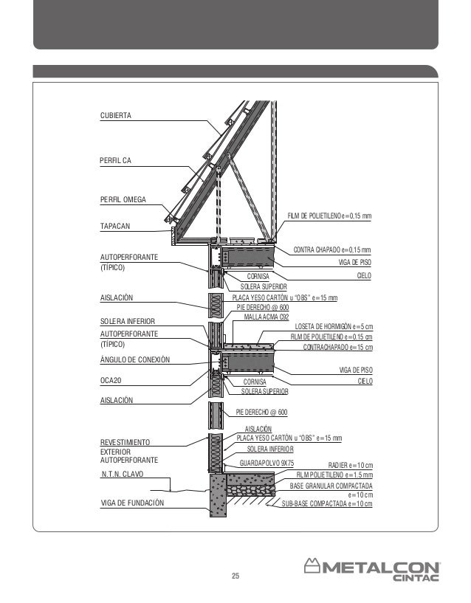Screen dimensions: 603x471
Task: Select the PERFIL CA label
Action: tap(115, 160)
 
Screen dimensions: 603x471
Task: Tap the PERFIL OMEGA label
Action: tap(123, 199)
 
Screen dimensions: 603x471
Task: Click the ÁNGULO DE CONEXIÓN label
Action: tap(134, 359)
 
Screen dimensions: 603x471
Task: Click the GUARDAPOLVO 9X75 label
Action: tap(267, 464)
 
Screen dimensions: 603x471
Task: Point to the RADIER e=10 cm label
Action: tap(350, 466)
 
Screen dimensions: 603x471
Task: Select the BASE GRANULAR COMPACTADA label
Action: tap(331, 486)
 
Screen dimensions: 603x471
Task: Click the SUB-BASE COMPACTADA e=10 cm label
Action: tap(327, 504)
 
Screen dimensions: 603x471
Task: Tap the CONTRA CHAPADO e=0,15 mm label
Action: tap(331, 250)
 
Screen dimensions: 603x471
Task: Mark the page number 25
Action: tap(235, 576)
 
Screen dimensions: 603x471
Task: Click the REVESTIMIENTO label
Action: tap(125, 441)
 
